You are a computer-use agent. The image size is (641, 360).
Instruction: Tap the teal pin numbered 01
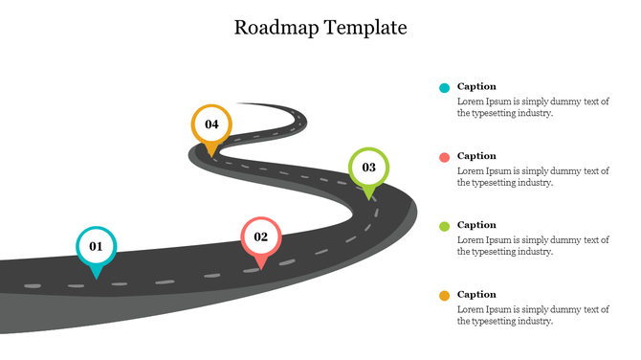point(96,249)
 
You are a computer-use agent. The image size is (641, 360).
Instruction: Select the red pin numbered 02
point(260,239)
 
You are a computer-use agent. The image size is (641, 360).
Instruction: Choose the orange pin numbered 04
point(211,126)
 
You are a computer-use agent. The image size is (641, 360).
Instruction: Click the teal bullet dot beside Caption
point(444,87)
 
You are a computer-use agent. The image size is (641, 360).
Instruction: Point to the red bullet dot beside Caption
point(444,157)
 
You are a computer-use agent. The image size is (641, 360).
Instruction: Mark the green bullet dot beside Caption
point(444,226)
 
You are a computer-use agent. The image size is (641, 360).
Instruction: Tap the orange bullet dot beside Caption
point(444,296)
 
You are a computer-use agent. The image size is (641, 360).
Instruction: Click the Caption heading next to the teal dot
point(476,86)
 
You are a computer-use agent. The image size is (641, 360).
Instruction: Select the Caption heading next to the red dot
point(476,156)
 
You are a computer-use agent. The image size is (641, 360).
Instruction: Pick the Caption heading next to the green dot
point(476,225)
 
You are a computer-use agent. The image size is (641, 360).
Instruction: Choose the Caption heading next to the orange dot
point(476,295)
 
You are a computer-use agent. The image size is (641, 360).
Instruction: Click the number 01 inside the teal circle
point(96,246)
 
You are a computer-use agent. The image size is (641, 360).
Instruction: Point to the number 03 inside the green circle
point(368,168)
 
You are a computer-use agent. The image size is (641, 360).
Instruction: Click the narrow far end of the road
point(242,104)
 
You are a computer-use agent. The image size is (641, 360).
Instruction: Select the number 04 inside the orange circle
point(211,124)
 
